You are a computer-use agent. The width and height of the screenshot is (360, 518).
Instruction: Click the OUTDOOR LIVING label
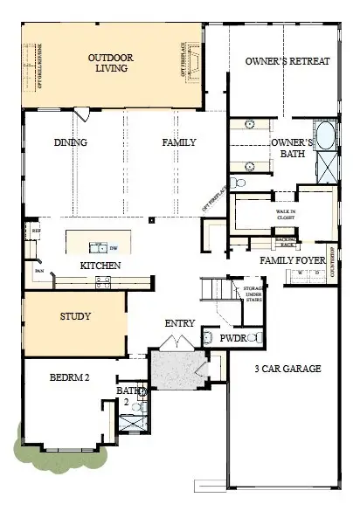[112, 64]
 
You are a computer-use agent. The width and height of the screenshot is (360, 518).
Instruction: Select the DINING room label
[70, 142]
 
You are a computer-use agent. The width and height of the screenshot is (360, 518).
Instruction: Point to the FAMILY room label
[178, 142]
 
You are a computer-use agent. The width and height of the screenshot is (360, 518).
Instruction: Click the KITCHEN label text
[100, 265]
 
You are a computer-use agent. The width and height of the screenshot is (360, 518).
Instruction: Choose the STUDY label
[75, 316]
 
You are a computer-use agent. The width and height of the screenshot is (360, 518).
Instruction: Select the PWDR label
[232, 337]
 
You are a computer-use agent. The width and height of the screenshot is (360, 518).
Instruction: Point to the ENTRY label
[180, 323]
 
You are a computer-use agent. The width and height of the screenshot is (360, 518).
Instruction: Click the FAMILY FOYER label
[292, 260]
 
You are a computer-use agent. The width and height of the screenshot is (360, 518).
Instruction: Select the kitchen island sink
[98, 246]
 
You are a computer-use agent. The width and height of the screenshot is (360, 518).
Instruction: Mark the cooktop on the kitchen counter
[103, 280]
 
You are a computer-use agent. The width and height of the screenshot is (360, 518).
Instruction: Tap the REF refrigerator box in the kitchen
[37, 231]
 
